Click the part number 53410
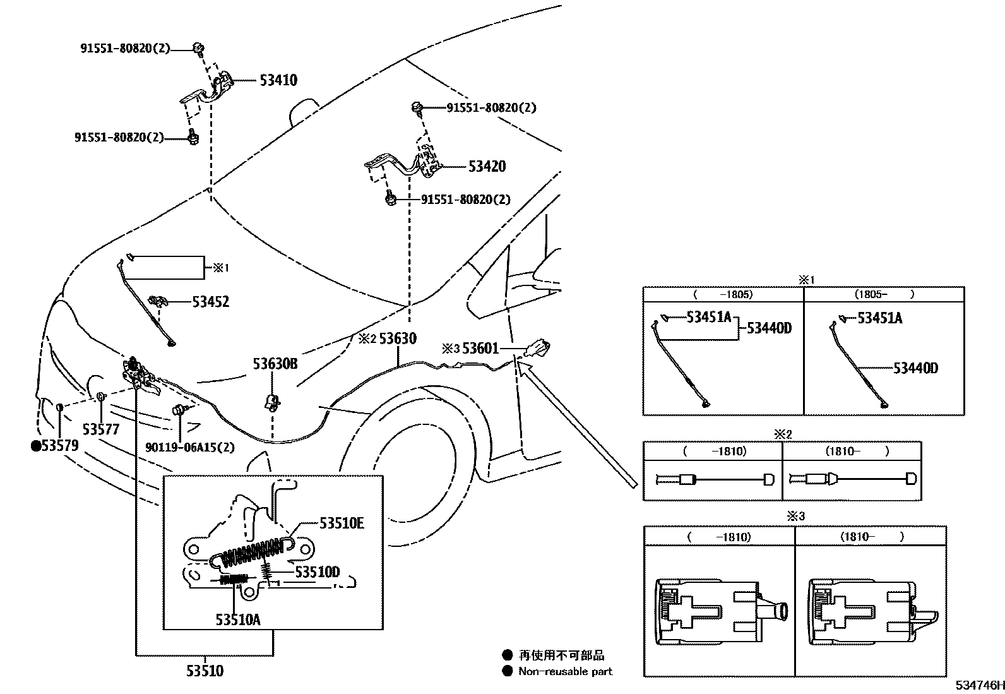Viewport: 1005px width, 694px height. pos(278,80)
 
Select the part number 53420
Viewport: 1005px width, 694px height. pos(487,167)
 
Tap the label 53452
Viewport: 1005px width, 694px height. pos(210,302)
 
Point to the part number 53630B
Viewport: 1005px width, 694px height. pos(275,364)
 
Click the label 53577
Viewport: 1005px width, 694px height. pos(101,429)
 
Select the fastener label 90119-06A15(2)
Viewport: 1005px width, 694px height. pos(189,447)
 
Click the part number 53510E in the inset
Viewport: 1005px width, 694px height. pos(342,523)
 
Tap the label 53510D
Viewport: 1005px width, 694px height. pos(318,572)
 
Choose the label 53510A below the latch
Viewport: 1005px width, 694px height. pos(237,620)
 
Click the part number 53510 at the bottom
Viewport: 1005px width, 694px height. pos(205,671)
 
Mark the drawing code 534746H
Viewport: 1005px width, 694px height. pos(978,685)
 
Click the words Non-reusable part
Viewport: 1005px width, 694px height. pos(565,671)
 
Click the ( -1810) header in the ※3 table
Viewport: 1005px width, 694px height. pos(719,537)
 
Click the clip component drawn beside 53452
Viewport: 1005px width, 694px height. pos(157,300)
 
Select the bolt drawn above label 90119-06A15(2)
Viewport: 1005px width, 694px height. pos(179,410)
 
